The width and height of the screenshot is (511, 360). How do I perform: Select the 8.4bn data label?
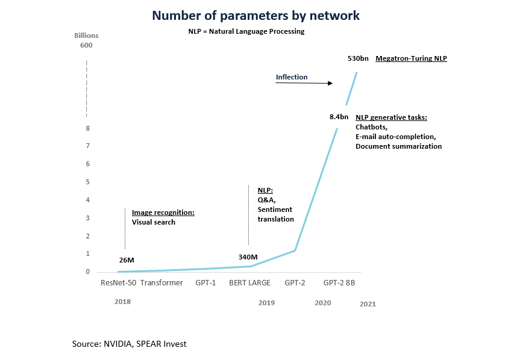[x=339, y=116]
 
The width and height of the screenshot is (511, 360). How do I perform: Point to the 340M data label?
[x=248, y=257]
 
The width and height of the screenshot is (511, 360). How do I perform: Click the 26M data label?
[x=127, y=260]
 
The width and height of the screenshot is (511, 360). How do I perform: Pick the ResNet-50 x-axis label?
[x=118, y=282]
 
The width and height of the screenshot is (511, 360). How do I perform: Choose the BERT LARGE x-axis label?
[x=249, y=282]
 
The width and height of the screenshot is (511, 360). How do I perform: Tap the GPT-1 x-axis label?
[x=205, y=282]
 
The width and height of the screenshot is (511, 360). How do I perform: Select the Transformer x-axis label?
[x=161, y=282]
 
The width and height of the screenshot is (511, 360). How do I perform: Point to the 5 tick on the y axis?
[x=88, y=182]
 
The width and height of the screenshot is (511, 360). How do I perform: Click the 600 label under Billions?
[x=86, y=46]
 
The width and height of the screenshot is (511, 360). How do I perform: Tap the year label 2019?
[x=266, y=303]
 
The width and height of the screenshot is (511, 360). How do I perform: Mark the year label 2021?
[x=368, y=304]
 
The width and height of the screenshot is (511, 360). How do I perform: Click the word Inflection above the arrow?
[x=292, y=77]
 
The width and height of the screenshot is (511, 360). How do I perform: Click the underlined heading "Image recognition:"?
[x=163, y=213]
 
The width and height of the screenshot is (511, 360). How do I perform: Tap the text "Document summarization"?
[x=398, y=146]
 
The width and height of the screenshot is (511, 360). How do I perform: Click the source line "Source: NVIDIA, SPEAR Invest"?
[x=129, y=344]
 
